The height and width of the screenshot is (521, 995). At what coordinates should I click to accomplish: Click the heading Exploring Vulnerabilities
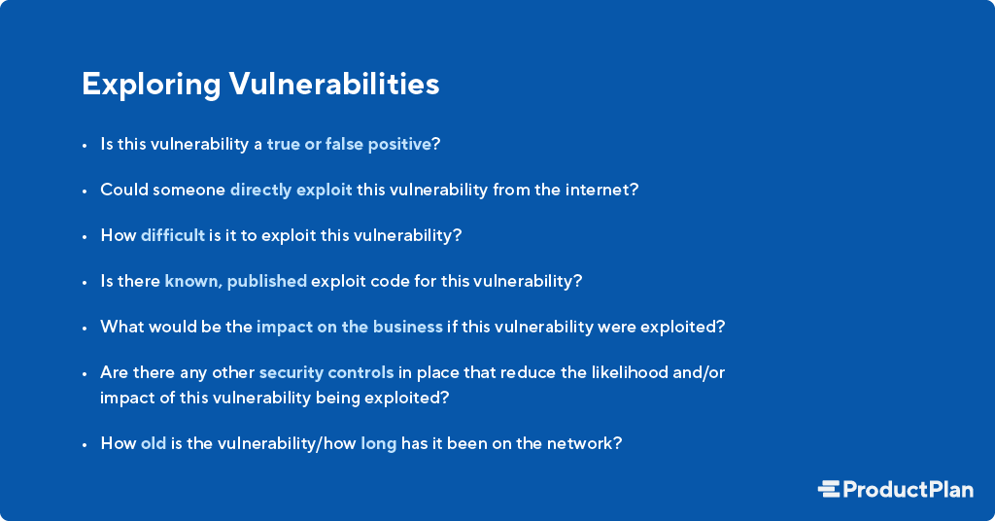pos(260,85)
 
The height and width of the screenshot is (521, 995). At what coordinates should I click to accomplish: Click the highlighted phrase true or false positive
pos(349,144)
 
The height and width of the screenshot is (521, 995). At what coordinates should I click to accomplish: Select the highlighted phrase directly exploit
pos(291,190)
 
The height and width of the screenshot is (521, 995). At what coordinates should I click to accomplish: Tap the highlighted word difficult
pos(173,235)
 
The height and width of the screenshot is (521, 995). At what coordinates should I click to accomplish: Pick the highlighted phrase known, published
pos(235,281)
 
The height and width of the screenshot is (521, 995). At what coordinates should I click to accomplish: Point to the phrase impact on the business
pos(349,327)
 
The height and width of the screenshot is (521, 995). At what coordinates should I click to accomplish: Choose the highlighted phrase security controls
pos(326,372)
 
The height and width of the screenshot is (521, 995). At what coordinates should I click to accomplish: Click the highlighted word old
pos(154,443)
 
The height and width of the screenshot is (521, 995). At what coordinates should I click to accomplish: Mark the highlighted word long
pos(378,443)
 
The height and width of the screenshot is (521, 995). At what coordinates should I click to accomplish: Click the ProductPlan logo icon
pos(829,489)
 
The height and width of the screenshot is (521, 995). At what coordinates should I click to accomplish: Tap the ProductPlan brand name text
pos(908,489)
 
